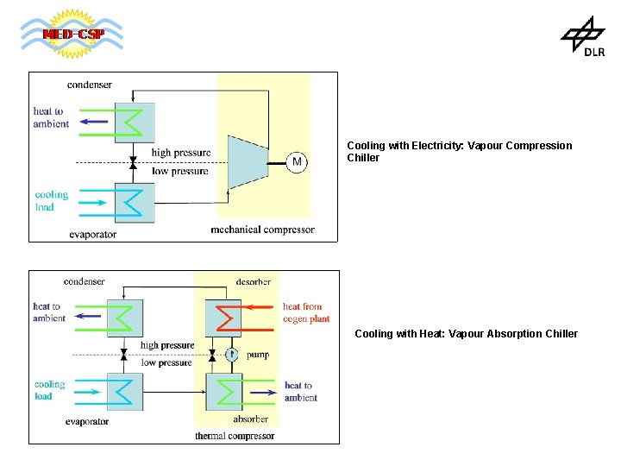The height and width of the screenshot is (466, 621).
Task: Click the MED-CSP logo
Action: pos(72,35)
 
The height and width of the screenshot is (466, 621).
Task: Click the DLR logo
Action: pos(584,39)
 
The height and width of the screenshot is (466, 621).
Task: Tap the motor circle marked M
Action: pos(297,162)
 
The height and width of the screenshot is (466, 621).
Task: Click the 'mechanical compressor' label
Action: pos(262,230)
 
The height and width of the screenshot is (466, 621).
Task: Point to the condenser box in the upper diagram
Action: pos(135,123)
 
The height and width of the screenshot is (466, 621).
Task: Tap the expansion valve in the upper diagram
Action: pos(133,162)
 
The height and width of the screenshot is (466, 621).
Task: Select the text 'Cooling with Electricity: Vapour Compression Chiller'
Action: pos(459,152)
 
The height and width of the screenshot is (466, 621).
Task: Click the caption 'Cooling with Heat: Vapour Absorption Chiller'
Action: pos(466,334)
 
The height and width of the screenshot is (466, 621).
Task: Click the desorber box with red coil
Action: pos(223,318)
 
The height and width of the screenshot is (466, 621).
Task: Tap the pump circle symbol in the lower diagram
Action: pos(231,355)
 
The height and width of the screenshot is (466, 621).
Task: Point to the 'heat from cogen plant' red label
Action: pos(306,312)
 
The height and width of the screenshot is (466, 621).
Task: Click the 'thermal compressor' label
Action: pos(235,436)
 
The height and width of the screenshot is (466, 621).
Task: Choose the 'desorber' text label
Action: pos(254,281)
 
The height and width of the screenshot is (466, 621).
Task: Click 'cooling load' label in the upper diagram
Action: pos(51,200)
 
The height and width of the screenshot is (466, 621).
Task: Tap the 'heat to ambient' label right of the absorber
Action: pos(301,392)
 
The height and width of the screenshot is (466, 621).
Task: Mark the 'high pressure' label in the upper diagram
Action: pos(181,153)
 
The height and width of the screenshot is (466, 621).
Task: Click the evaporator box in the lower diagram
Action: pos(125,392)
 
